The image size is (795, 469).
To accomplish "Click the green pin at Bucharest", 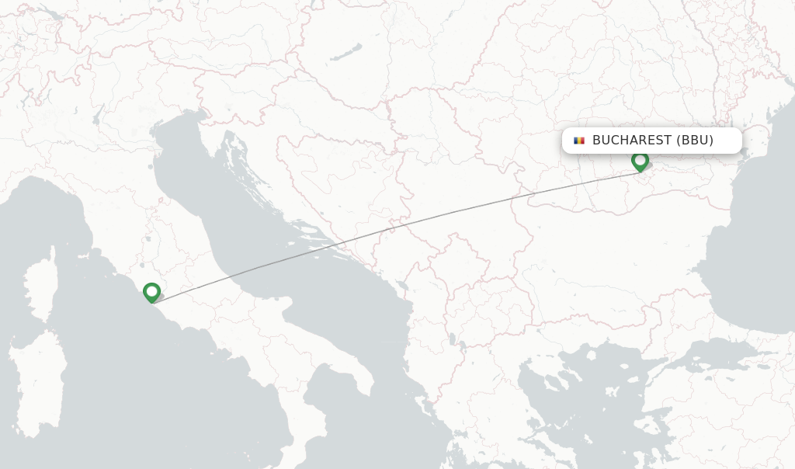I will (640, 161).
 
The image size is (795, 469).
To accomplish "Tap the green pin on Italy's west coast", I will (151, 292).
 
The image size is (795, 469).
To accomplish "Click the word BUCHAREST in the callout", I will (631, 141).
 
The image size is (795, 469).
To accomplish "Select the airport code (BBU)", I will (695, 141).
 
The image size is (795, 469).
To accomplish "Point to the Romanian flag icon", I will (578, 141).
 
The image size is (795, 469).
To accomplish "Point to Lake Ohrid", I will (451, 339).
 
